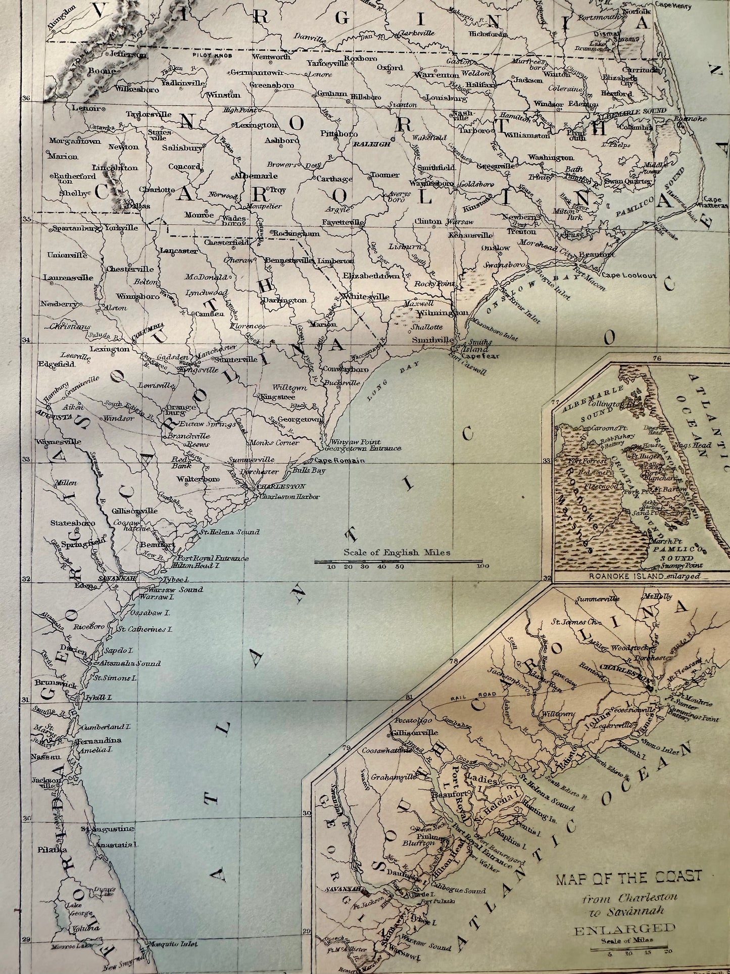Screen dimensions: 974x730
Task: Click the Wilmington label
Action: coord(443,312)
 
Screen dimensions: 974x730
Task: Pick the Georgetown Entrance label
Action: coord(363,448)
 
